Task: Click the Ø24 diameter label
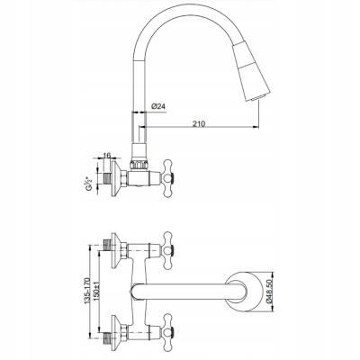coord(158,106)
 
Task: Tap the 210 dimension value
coord(199,123)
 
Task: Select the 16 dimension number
coord(107,155)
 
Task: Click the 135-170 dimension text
coord(87,291)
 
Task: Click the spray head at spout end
coord(252,71)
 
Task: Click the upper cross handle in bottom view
coord(167,250)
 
